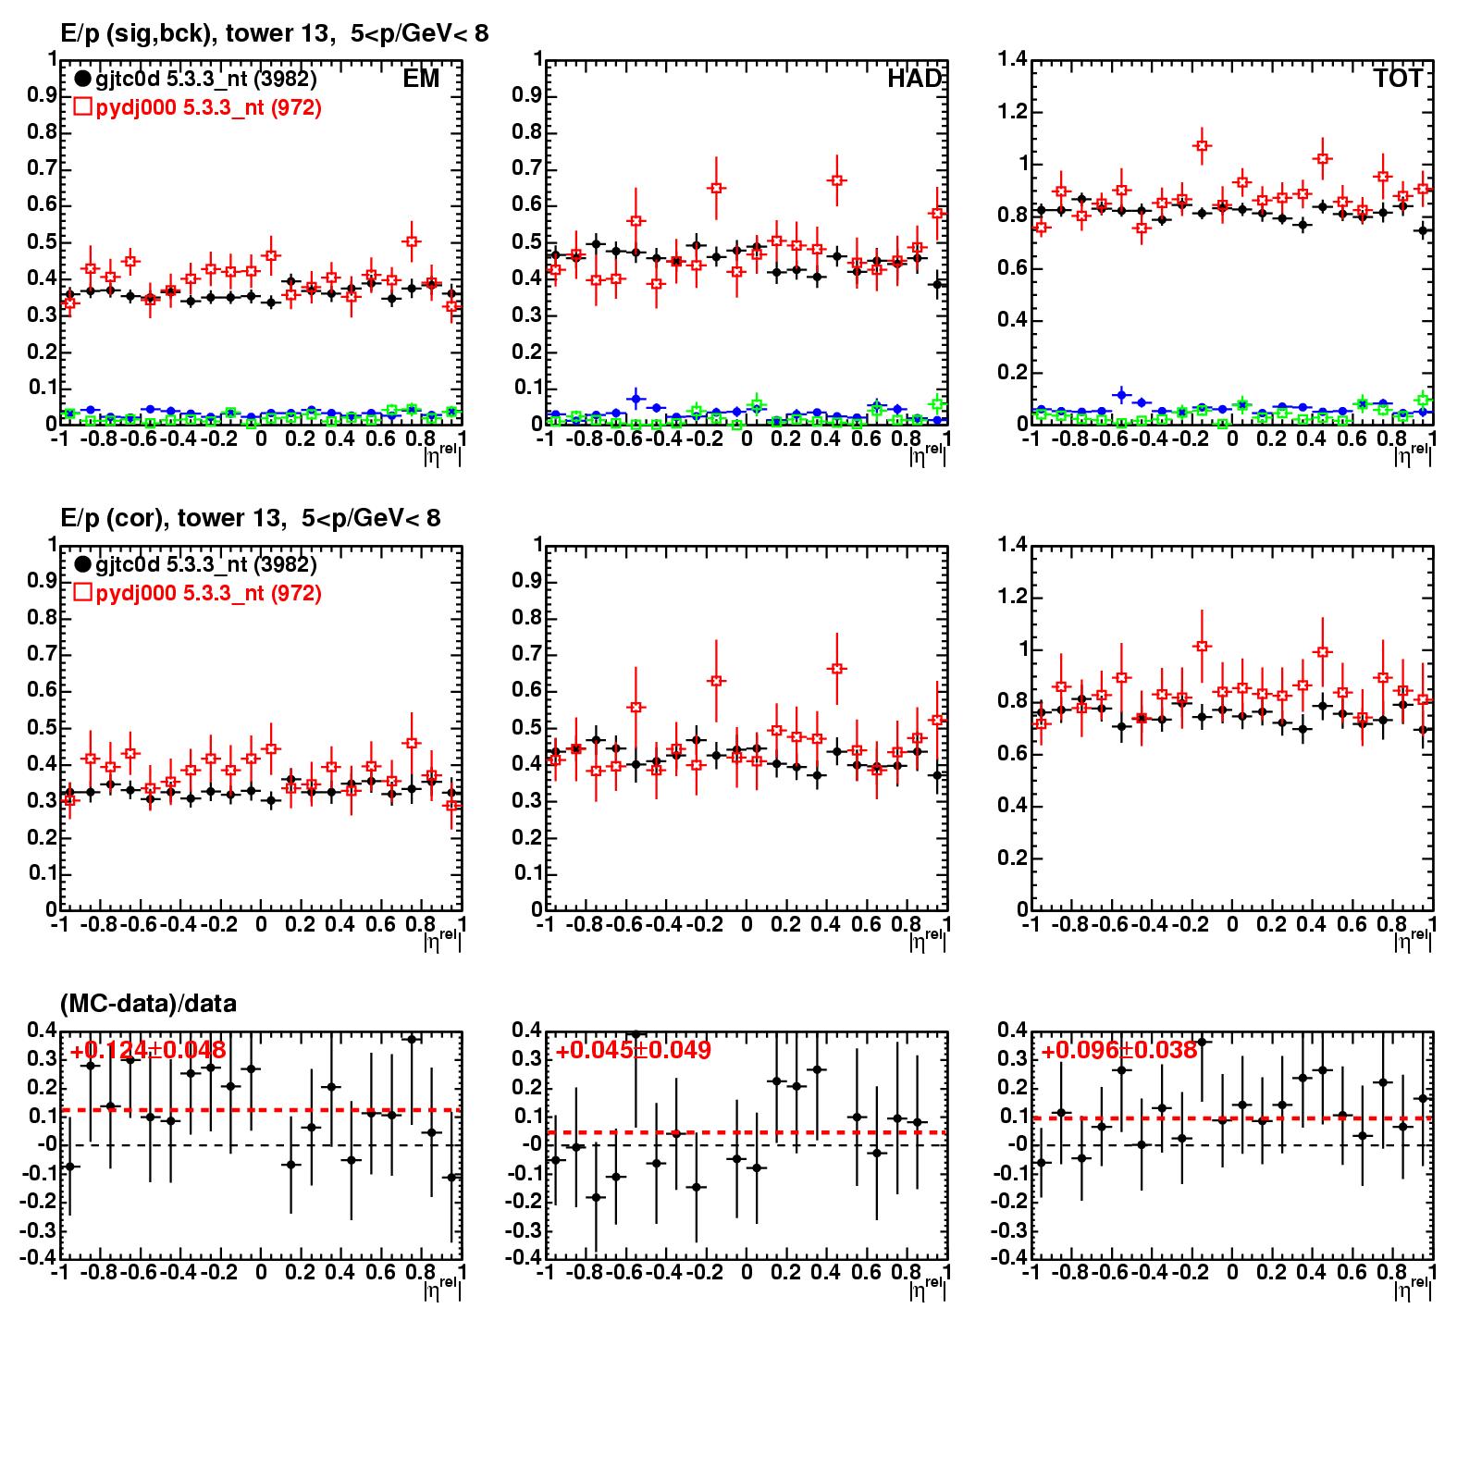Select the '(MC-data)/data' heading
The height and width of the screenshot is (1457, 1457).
[148, 1003]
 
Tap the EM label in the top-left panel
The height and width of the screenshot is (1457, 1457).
[421, 79]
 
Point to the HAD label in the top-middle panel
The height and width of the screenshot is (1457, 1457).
[914, 79]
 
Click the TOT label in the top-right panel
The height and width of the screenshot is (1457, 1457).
[1398, 79]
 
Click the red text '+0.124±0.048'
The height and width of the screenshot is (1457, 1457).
[148, 1051]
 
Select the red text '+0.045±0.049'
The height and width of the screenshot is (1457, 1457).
[634, 1051]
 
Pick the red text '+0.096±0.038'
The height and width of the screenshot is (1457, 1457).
[1119, 1051]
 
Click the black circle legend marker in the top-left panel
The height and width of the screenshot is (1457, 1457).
[82, 80]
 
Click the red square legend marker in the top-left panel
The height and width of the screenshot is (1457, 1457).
[82, 107]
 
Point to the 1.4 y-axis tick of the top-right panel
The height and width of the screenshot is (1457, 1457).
[1013, 60]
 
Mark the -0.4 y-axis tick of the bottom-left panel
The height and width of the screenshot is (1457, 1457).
[39, 1258]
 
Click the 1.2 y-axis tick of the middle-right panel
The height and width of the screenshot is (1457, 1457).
[1013, 597]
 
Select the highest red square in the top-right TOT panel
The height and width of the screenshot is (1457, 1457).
[1202, 146]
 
